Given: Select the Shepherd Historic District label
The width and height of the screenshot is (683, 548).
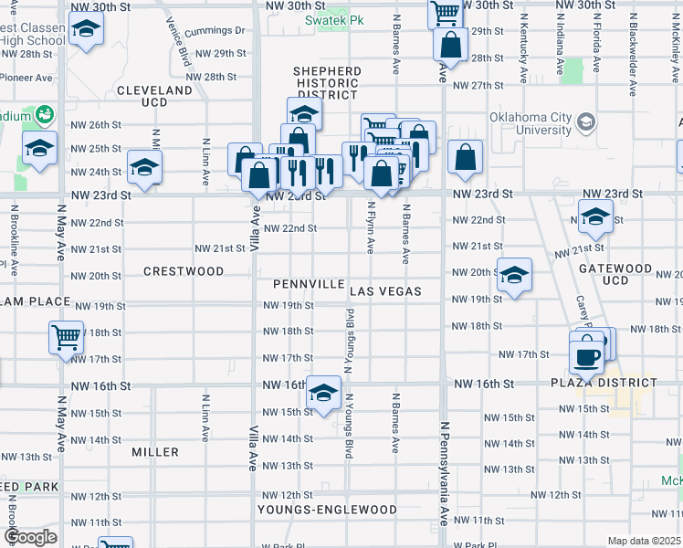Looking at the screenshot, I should click(x=326, y=83).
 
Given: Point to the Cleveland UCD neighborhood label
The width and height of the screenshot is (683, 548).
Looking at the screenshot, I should click(x=155, y=97).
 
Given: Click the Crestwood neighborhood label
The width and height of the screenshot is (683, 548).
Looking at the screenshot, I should click(x=183, y=271).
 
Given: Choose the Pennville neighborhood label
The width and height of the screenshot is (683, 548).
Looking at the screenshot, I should click(x=300, y=283).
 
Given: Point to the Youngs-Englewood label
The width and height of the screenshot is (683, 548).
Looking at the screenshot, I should click(x=327, y=510).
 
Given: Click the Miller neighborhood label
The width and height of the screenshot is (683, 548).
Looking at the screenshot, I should click(x=154, y=452).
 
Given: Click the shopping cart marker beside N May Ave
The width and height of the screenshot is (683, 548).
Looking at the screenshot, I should click(x=67, y=337).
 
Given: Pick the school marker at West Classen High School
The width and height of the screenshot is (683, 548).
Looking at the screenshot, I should click(x=85, y=28).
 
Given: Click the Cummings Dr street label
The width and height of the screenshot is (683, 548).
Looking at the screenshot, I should click(x=215, y=30).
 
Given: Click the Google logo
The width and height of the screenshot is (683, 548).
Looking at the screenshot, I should click(x=29, y=537).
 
